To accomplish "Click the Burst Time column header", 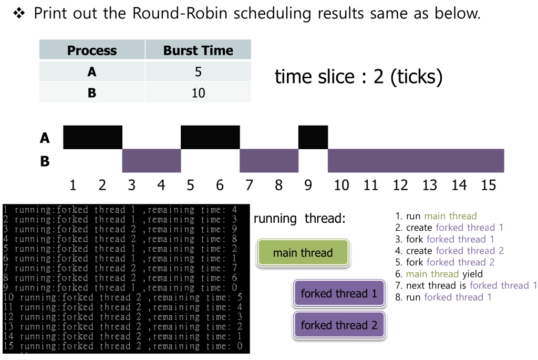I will click(198, 50).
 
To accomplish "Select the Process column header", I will click(92, 50).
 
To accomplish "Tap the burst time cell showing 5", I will click(198, 71).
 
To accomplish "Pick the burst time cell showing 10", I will click(198, 93).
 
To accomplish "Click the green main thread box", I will click(303, 253).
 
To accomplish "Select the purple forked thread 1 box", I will click(339, 293).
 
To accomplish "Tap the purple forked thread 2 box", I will click(339, 325).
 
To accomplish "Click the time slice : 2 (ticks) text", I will click(358, 77).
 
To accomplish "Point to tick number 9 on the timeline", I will click(308, 185).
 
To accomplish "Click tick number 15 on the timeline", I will click(488, 185).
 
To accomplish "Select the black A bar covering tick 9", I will click(313, 137).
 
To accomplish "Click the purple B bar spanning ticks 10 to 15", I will click(416, 161).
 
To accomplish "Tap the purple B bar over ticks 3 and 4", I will click(151, 161).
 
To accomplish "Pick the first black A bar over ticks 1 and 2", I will click(92, 137).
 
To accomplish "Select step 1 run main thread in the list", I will click(436, 216).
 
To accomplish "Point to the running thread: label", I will click(299, 219).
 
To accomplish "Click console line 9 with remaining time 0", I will click(121, 287).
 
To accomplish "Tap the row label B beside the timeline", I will click(45, 161).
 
